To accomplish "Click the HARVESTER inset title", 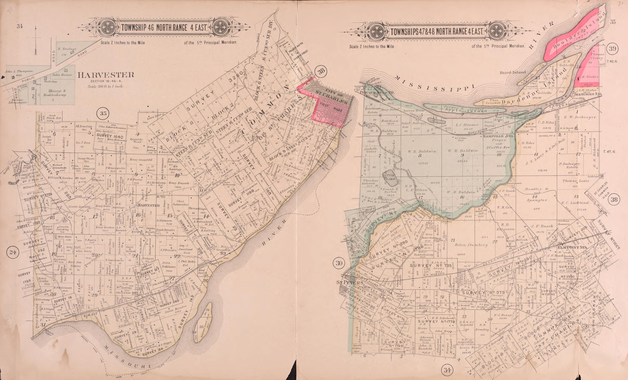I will pyautogui.click(x=106, y=75).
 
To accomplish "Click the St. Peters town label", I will pyautogui.click(x=350, y=283).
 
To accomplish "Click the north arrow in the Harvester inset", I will pyautogui.click(x=36, y=38).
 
